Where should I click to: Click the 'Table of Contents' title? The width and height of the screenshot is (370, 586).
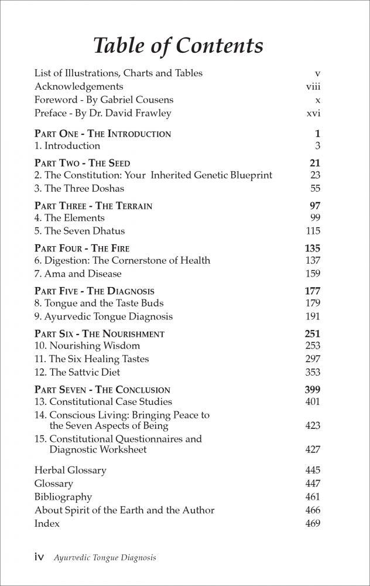point(179,45)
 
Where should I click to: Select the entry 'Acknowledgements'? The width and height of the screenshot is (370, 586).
point(78,86)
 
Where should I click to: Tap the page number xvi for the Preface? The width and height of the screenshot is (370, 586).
point(313,113)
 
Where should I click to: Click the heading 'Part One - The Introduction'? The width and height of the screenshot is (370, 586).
point(102,134)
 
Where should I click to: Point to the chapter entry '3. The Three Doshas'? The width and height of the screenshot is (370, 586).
point(79,188)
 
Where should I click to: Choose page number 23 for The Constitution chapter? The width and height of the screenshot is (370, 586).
point(315,175)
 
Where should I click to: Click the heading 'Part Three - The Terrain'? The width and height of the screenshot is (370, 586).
point(93,206)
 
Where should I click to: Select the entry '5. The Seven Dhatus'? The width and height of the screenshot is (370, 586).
point(80,231)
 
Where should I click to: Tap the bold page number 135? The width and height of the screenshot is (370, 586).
point(313,248)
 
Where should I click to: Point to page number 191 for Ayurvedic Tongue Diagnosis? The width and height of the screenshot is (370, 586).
point(313,316)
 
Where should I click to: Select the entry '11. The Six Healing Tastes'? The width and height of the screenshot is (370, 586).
point(91,359)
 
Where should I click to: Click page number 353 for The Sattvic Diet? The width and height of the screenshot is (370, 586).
point(313,372)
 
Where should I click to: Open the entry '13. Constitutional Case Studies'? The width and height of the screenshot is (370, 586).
point(103,402)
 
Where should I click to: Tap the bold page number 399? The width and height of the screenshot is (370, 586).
point(313,390)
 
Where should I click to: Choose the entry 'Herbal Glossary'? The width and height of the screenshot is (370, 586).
point(70,470)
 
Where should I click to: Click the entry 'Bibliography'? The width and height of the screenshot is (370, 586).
point(63,497)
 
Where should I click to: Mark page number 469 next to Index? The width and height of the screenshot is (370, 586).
point(313,523)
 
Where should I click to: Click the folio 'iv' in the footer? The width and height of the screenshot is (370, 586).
point(39,558)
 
